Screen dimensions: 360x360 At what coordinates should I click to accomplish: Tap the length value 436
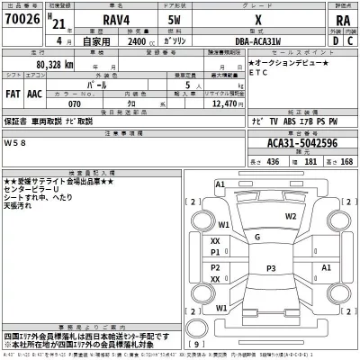point(272,161)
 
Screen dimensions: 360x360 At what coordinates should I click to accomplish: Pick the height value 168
point(346,161)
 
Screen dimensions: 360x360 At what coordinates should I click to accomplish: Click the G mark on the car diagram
point(257,237)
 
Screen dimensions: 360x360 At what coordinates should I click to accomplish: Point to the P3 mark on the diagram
point(271,267)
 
